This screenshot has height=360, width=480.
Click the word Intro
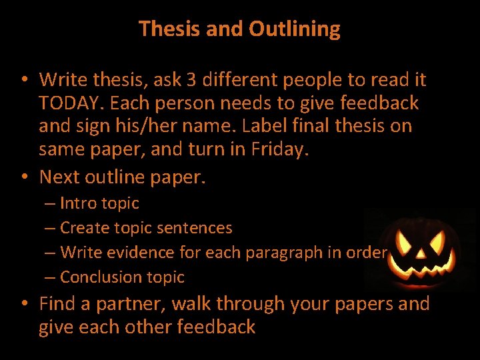coord(78,203)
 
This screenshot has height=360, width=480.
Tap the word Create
coord(83,227)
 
